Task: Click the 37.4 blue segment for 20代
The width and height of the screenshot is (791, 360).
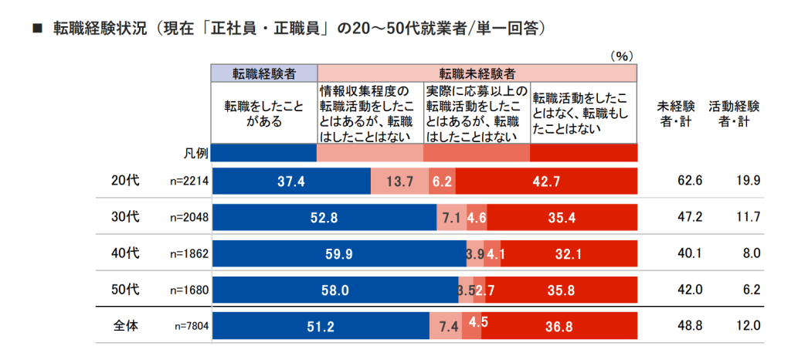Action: (291, 182)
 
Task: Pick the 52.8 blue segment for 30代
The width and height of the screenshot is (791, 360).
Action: (324, 217)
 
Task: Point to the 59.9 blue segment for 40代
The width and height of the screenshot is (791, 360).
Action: (339, 253)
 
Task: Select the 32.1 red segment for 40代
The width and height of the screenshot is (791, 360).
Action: (569, 253)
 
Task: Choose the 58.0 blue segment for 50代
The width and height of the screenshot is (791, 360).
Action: (334, 290)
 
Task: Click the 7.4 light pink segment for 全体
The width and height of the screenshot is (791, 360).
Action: (446, 326)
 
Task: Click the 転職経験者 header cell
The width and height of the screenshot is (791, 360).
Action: (264, 74)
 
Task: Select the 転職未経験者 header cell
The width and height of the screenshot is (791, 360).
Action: (477, 74)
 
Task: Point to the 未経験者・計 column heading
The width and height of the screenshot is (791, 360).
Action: (677, 114)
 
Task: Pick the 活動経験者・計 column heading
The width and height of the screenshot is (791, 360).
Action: (735, 114)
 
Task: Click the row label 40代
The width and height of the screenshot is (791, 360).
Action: (125, 253)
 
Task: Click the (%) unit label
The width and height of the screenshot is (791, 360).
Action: (621, 56)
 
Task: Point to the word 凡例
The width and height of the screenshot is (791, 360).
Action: (199, 153)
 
